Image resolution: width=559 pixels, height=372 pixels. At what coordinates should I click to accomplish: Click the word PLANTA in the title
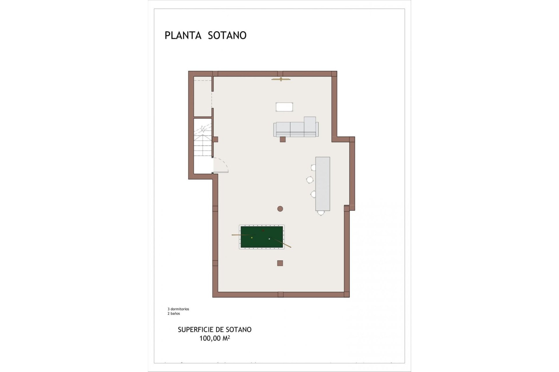[183, 35]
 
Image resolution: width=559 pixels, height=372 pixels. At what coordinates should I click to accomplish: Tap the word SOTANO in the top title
[227, 35]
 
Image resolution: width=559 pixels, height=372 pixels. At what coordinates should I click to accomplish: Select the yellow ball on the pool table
[252, 238]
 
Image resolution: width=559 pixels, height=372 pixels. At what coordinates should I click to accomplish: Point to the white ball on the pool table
[269, 239]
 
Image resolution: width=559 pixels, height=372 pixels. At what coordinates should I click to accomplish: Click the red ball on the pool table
[263, 230]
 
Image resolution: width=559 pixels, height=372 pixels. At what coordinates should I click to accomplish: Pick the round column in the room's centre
[280, 208]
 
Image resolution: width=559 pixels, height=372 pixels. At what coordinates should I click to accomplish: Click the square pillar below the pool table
[280, 263]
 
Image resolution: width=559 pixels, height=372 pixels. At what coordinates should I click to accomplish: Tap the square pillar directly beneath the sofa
[282, 139]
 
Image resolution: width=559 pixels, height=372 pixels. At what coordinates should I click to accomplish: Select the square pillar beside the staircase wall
[215, 139]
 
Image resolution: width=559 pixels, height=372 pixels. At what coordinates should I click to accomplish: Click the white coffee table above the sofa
[284, 107]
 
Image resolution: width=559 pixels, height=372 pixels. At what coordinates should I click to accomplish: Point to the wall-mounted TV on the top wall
[281, 79]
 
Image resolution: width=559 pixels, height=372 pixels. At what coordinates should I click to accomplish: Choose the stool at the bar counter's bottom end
[321, 213]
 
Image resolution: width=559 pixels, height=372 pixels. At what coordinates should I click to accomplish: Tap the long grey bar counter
[323, 184]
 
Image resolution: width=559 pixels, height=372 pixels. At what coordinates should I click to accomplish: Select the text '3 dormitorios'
[178, 309]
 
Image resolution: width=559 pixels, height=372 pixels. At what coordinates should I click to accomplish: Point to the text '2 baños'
[174, 314]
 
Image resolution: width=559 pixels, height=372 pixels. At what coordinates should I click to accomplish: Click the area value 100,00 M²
[215, 338]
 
